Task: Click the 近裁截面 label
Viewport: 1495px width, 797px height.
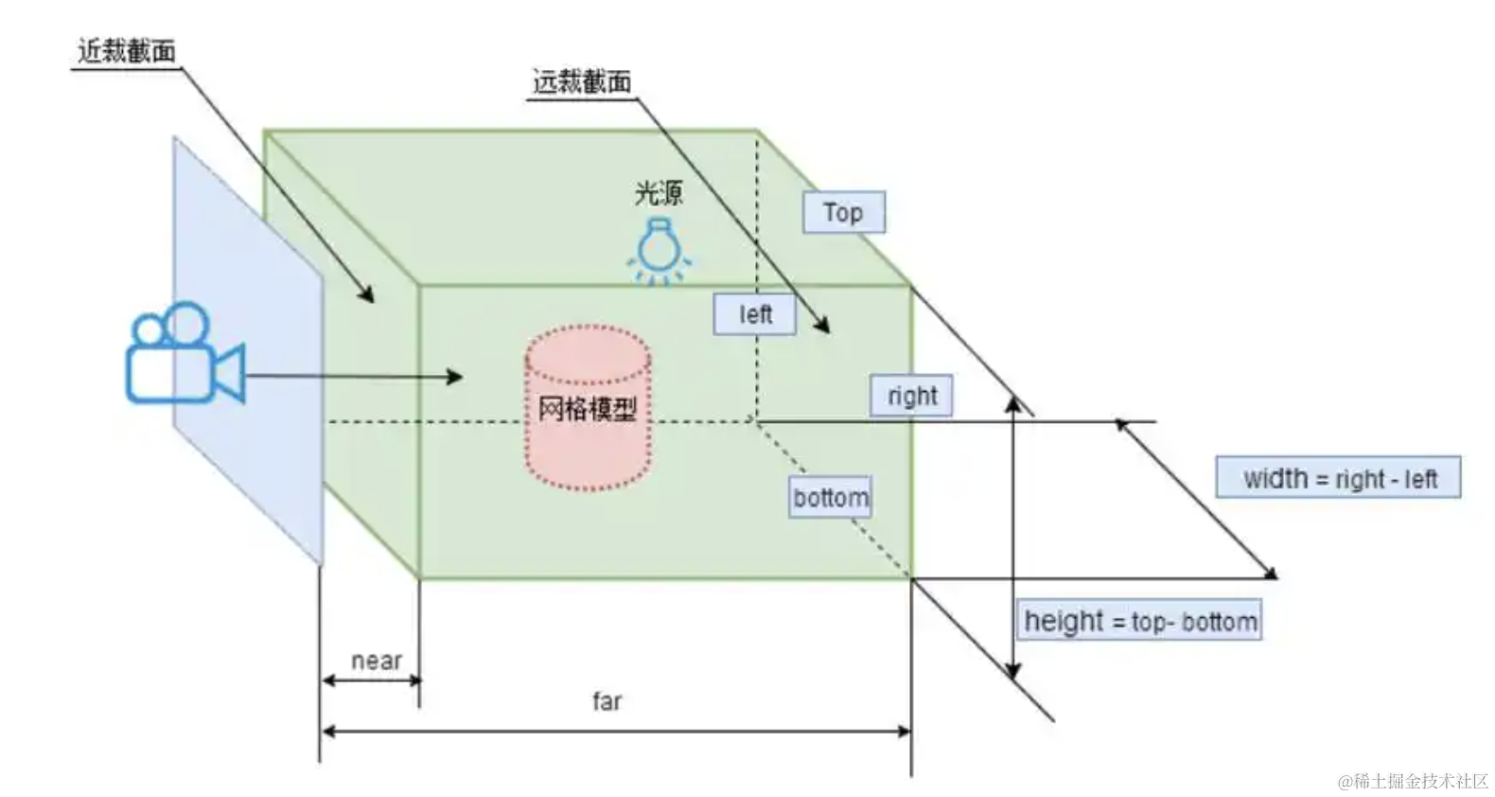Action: tap(126, 51)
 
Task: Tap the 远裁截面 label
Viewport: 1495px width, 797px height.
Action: tap(581, 82)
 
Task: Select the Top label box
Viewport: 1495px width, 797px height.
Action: tap(844, 212)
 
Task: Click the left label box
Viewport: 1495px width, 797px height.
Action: tap(755, 313)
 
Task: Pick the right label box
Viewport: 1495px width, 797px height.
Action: tap(912, 396)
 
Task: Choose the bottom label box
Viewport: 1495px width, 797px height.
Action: tap(830, 497)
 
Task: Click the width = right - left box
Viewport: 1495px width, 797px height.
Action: tap(1338, 477)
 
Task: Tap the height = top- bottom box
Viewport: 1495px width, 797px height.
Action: tap(1139, 620)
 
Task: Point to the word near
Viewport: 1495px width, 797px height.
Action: tap(377, 661)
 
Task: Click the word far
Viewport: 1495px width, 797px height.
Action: tap(607, 700)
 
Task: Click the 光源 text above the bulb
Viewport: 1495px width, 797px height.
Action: tap(659, 193)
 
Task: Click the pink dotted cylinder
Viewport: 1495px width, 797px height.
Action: tap(588, 408)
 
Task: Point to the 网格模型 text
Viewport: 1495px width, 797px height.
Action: tap(588, 409)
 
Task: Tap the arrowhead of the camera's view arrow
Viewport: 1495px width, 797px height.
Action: tap(455, 377)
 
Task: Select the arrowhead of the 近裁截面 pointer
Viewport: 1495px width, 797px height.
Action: tap(366, 294)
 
